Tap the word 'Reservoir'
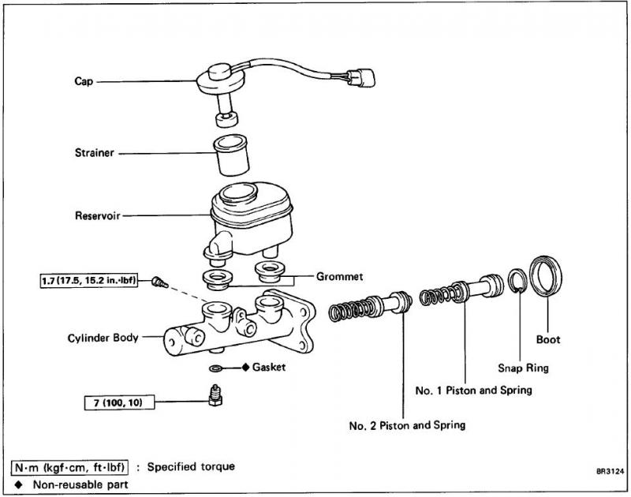tap(96, 215)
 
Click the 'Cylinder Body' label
tap(103, 338)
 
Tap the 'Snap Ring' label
tap(523, 368)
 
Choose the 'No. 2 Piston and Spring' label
tap(407, 425)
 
